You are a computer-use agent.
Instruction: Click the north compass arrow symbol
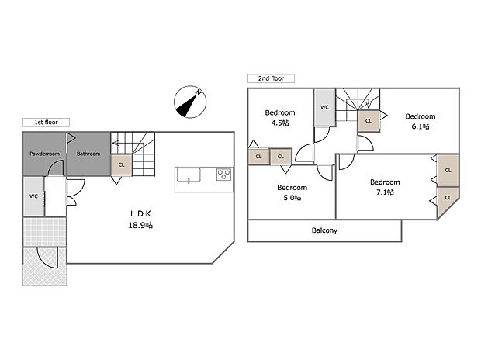(x=189, y=102)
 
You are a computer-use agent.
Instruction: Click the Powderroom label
(x=45, y=154)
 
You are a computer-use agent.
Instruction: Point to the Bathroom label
(x=88, y=154)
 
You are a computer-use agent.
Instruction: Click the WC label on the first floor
(x=33, y=196)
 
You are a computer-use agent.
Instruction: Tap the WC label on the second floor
(x=324, y=107)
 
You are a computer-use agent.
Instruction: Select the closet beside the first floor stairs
(x=121, y=164)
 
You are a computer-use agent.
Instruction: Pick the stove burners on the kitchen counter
(x=223, y=175)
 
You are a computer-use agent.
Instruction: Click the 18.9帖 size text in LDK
(x=140, y=225)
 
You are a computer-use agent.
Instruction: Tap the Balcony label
(x=324, y=230)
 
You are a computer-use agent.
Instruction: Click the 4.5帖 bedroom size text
(x=279, y=123)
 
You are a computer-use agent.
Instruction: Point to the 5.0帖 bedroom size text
(x=292, y=198)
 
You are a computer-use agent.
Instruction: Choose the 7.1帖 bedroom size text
(x=384, y=192)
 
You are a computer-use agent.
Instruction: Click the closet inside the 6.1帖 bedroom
(x=368, y=121)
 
